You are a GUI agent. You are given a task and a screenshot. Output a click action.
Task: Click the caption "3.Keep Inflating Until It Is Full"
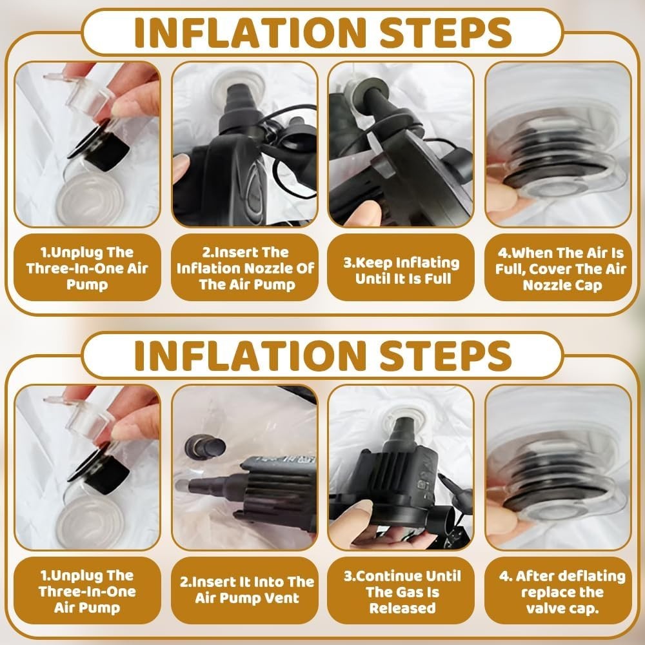coord(401,271)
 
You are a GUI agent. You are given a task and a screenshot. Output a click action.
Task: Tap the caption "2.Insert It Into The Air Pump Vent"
coord(247,590)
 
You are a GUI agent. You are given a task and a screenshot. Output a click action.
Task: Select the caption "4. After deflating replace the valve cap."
coord(562,592)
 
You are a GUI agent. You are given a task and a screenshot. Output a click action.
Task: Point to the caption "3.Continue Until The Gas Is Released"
coord(402,592)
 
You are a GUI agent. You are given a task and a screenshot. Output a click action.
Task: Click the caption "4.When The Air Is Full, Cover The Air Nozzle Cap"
coord(562,268)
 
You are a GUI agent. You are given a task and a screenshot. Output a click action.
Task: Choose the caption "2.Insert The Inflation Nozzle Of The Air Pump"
coord(245,268)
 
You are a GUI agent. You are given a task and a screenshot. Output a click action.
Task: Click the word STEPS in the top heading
coord(445,32)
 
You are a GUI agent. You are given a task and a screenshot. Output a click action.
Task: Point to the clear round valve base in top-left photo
coord(90,198)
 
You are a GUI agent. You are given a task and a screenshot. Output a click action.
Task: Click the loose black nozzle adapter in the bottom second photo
coord(205,447)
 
